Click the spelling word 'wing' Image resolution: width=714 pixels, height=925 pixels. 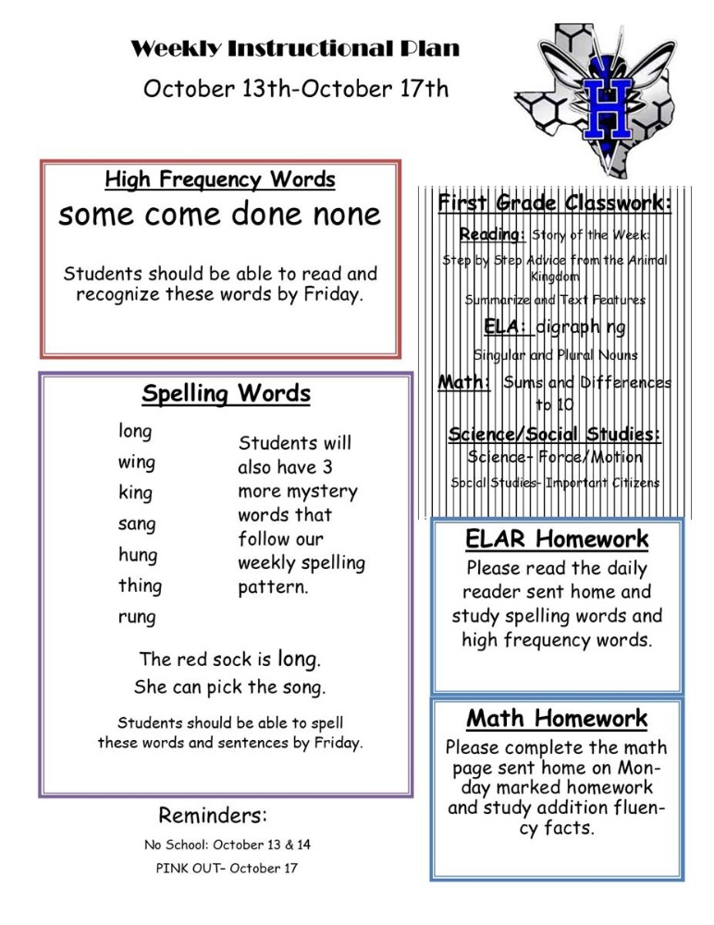137,462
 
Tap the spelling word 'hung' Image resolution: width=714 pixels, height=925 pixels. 138,556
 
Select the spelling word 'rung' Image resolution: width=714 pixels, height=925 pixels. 137,617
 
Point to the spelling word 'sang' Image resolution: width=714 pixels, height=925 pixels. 137,524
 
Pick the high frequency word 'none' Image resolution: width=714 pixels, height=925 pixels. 343,216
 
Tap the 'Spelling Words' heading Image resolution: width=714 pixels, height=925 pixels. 227,395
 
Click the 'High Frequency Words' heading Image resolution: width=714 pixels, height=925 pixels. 220,179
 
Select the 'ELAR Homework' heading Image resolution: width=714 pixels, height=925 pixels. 557,539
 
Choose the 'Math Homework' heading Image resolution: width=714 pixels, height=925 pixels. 557,719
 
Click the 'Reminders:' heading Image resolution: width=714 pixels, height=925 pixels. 213,816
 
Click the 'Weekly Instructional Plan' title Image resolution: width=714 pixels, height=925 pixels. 295,49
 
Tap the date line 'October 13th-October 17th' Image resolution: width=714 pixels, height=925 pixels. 295,90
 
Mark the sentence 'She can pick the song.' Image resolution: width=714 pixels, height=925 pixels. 229,688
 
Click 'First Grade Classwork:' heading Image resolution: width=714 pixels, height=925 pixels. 555,203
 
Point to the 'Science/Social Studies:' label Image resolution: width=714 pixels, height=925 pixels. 555,434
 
